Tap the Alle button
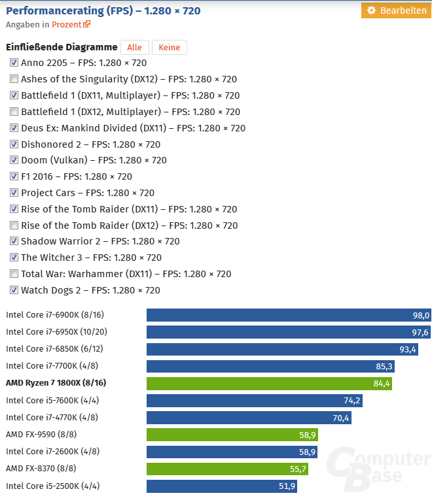coord(134,47)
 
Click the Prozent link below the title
coord(67,25)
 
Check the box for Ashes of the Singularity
coord(14,79)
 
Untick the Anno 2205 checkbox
coord(14,63)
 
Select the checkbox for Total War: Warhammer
coord(14,274)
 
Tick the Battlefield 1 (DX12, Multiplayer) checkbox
coord(14,112)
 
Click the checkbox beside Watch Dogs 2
coord(14,290)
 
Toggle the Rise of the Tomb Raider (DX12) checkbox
coord(14,226)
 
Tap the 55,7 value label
coord(297,469)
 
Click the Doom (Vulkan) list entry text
coord(94,160)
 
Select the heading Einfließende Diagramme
coord(62,47)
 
